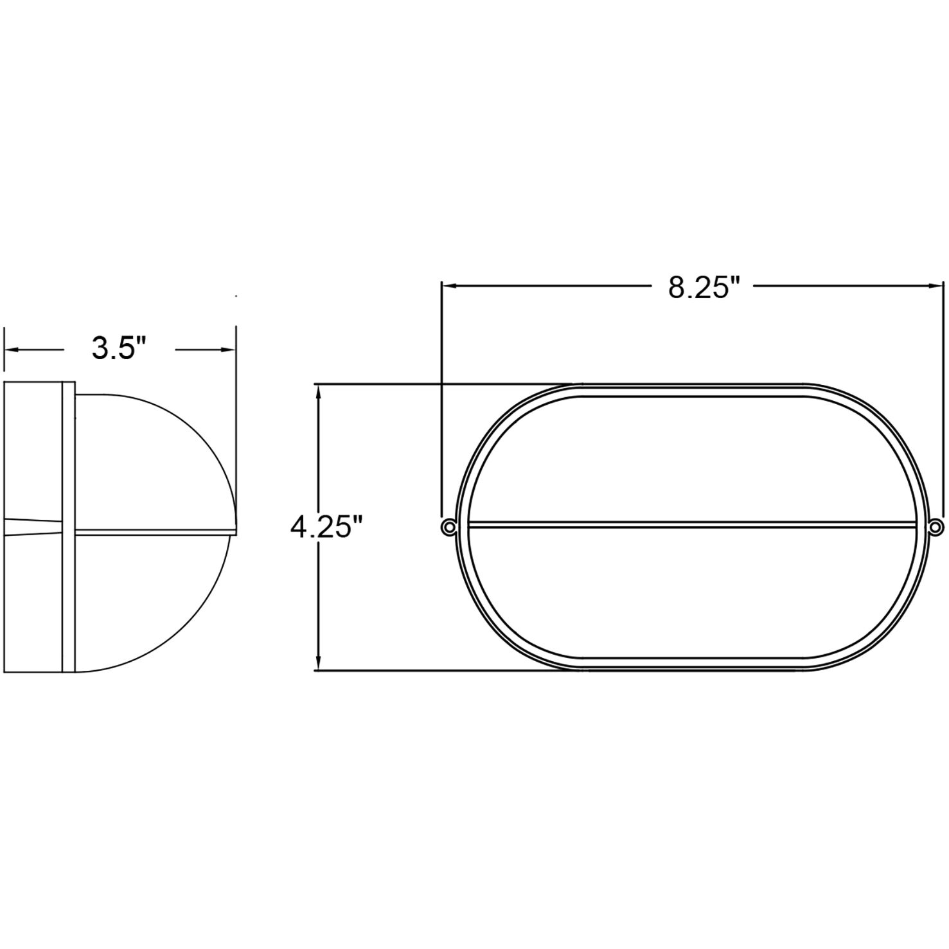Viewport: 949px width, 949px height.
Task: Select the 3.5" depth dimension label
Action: click(120, 349)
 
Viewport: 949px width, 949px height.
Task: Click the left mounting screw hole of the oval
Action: click(447, 527)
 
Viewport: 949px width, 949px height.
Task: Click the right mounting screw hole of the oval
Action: click(936, 527)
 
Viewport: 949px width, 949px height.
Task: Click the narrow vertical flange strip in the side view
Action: click(69, 527)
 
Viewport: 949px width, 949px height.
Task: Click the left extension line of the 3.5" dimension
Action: click(4, 350)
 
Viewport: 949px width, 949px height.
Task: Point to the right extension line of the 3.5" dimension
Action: click(236, 350)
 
